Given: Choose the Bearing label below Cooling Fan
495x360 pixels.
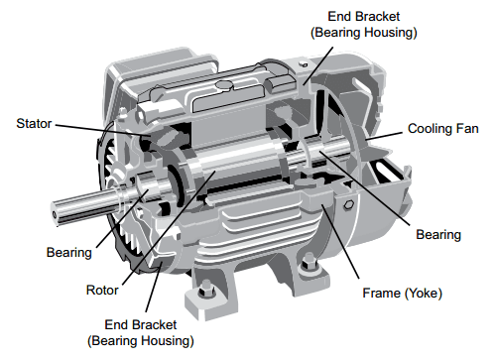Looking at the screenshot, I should click(437, 235).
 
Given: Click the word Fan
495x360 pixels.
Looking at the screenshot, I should click(469, 130).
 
